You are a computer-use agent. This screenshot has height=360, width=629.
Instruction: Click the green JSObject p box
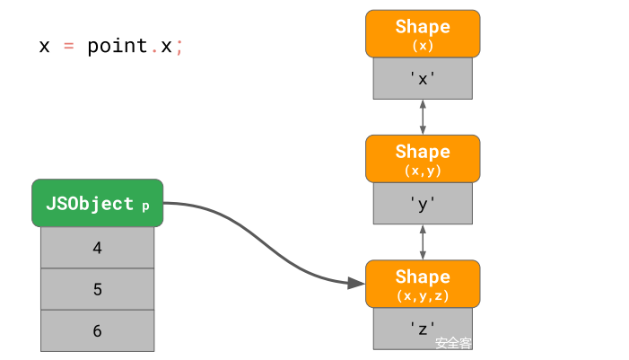point(97,203)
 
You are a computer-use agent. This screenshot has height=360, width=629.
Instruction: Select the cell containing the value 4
point(97,248)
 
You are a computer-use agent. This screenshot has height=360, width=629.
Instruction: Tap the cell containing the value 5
point(97,289)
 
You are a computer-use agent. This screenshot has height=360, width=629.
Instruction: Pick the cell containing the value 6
point(97,330)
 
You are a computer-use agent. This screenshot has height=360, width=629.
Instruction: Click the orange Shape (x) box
point(423,34)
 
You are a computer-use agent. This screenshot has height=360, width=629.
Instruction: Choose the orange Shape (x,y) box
point(423,159)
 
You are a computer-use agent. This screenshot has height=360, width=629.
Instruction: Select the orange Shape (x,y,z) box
point(423,284)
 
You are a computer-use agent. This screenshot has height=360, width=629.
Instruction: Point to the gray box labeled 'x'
point(423,78)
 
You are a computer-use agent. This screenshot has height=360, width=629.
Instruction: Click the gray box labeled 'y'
point(423,204)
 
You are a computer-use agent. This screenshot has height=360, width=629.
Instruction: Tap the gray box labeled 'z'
point(423,328)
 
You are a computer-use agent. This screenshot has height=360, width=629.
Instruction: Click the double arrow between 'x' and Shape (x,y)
point(423,117)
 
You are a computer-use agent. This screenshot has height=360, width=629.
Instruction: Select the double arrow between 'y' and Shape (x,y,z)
point(423,242)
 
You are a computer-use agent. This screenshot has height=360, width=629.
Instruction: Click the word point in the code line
point(117,47)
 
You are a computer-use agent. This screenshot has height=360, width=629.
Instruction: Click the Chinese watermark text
point(453,343)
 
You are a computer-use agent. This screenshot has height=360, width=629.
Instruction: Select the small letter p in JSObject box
point(145,206)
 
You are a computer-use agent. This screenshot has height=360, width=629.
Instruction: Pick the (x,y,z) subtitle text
point(423,294)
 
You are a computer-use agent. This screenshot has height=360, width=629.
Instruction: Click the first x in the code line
point(45,47)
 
